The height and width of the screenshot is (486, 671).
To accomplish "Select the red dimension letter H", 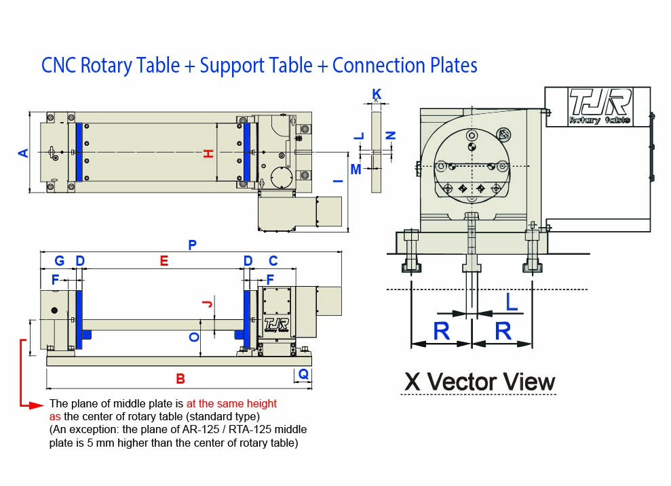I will tap(209, 154).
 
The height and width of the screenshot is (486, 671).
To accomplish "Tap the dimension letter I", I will tap(337, 182).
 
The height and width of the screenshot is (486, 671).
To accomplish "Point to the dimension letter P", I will tap(192, 245).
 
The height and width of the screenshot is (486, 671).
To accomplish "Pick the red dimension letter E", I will tap(163, 261).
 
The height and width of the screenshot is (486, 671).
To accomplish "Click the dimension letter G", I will tap(59, 261).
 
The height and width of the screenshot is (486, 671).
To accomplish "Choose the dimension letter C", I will tap(273, 261).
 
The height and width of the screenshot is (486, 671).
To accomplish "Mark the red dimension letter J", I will tap(210, 304).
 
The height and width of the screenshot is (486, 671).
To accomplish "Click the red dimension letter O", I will tap(194, 337).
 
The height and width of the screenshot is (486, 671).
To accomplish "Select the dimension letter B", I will tap(180, 379).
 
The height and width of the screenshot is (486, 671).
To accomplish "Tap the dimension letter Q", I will tap(303, 374).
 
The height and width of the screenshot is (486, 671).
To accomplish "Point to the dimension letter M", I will tap(356, 169).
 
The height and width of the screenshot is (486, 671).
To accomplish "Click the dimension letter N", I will tap(390, 136).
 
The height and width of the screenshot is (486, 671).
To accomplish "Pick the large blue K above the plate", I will tap(377, 93).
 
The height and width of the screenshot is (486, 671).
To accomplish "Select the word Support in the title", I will tap(233, 66).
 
